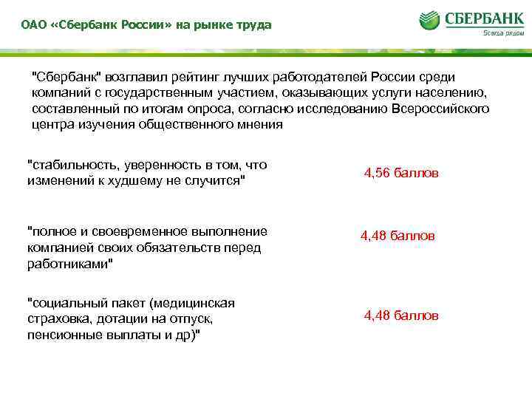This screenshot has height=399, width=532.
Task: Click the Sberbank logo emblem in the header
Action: (430, 20)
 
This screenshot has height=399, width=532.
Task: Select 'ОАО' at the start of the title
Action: (33, 25)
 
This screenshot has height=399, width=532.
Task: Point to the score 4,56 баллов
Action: (401, 173)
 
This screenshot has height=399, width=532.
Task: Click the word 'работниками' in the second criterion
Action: (69, 264)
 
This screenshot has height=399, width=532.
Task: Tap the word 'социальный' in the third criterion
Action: (63, 302)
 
